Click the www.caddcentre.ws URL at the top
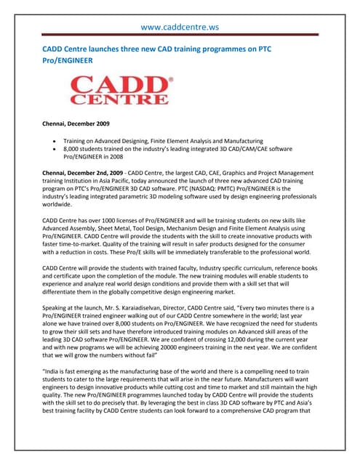tap(180, 28)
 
